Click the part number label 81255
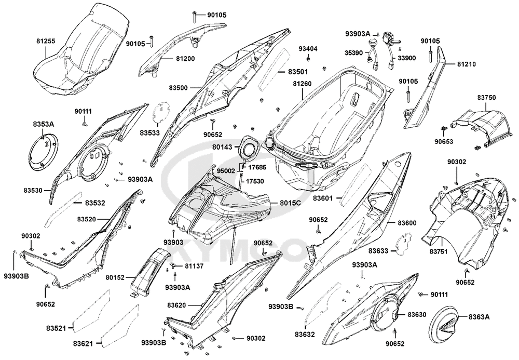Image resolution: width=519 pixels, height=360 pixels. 46,42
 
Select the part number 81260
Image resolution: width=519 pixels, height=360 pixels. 302,84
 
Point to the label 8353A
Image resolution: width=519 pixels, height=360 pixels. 43,124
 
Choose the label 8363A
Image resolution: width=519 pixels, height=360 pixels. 479,317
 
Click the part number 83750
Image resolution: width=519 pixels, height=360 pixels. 486,98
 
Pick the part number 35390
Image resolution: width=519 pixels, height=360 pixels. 354,52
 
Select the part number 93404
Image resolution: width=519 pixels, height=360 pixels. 308,49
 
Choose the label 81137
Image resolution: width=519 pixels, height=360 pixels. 194,266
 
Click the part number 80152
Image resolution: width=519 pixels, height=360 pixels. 115,277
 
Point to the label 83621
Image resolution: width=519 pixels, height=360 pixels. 83,344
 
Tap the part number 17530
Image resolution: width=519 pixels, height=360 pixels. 255,181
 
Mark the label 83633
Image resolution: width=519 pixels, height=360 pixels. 378,251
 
